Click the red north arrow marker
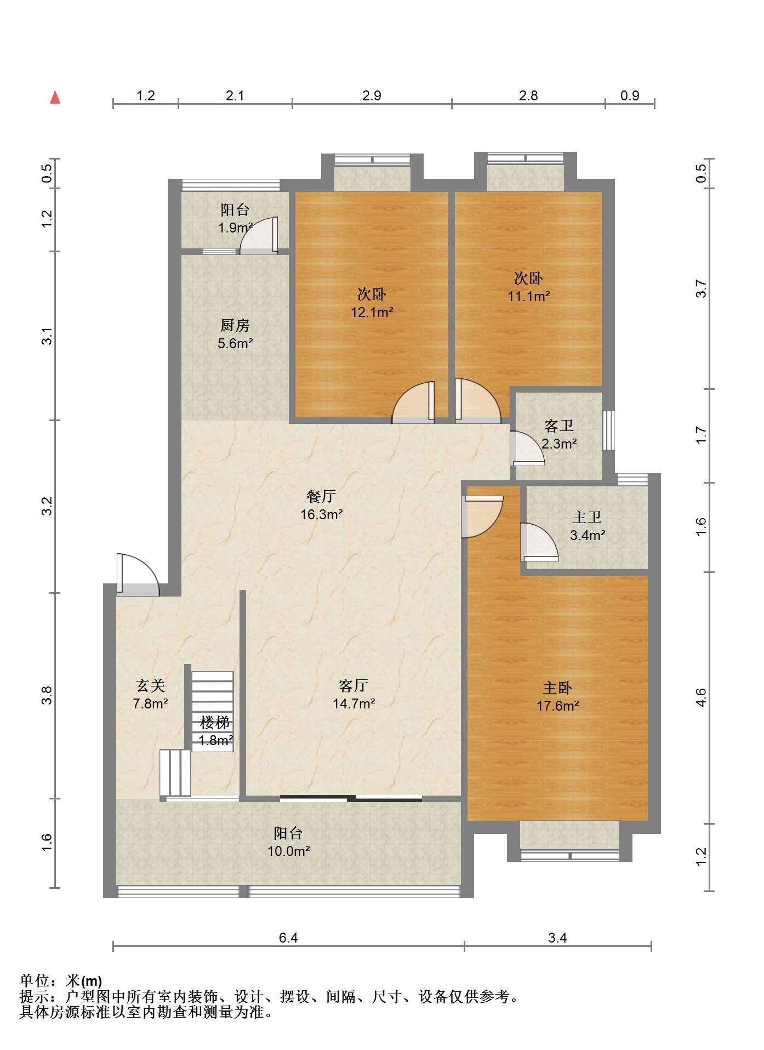55,97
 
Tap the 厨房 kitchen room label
235,326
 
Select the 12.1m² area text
372,313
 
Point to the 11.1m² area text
528,297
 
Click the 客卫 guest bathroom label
559,425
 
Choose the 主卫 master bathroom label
587,517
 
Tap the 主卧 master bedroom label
557,688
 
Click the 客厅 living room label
354,685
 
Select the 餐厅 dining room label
321,496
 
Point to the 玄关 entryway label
150,685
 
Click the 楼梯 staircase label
215,722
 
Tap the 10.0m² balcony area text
288,852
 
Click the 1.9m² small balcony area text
235,228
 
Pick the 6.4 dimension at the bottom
288,938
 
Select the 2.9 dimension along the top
372,95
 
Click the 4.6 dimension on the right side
702,697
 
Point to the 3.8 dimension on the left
48,695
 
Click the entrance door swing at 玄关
138,575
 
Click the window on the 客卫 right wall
608,430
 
